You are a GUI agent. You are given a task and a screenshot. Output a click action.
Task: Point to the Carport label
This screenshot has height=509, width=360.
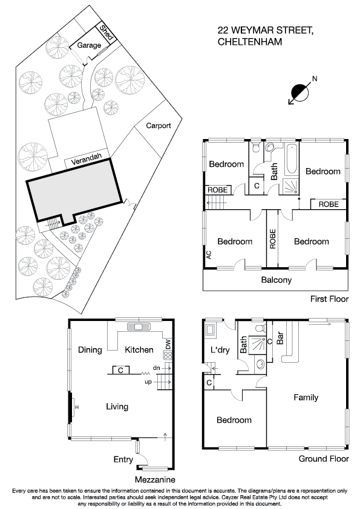pos(159,126)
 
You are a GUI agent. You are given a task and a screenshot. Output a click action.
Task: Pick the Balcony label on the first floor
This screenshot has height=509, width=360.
pos(276,280)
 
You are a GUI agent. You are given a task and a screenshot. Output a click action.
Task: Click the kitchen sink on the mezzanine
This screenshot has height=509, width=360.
pos(137,328)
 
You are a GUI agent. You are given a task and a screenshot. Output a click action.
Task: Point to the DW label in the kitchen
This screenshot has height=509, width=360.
pos(168,345)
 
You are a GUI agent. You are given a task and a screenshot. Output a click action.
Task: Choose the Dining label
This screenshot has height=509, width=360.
pos(89,349)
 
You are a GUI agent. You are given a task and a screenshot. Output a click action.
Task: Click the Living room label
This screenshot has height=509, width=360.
pos(117,407)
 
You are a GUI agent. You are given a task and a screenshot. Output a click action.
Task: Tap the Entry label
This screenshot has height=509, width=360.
pos(123,459)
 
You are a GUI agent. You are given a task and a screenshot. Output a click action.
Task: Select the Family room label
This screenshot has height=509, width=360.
pos(306,397)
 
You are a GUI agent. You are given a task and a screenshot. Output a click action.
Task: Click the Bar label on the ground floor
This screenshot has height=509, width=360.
pos(280,338)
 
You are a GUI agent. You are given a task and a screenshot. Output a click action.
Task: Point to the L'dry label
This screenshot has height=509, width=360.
pos(218,351)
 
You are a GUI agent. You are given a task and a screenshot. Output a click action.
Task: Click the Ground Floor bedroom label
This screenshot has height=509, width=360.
pos(234,420)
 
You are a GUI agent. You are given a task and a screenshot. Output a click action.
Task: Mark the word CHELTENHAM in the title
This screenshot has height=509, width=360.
pos(248,41)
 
